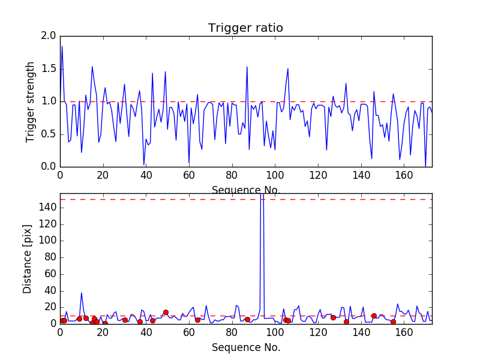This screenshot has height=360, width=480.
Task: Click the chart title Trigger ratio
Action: click(x=245, y=28)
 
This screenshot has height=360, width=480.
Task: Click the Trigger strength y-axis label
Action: click(x=31, y=101)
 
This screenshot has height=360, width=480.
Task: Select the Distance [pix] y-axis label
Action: click(x=28, y=259)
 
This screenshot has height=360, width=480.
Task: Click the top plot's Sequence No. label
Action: click(x=245, y=190)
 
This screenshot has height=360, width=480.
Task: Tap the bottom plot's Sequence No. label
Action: click(x=245, y=347)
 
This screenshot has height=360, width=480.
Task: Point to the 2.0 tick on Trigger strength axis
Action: click(x=47, y=36)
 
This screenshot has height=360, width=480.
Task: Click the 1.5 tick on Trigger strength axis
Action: click(x=47, y=69)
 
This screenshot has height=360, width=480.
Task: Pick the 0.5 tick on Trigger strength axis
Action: click(x=47, y=134)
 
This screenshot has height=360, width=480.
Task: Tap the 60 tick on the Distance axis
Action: click(x=49, y=274)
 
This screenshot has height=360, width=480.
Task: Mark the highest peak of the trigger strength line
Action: click(x=62, y=46)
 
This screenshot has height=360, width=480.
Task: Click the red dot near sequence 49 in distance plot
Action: click(x=166, y=312)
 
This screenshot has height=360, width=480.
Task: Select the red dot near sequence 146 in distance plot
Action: click(x=374, y=316)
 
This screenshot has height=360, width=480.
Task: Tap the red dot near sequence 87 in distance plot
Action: click(x=247, y=319)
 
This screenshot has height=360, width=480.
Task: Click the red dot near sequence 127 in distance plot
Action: click(x=333, y=317)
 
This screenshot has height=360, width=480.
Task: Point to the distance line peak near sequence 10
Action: click(x=82, y=293)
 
